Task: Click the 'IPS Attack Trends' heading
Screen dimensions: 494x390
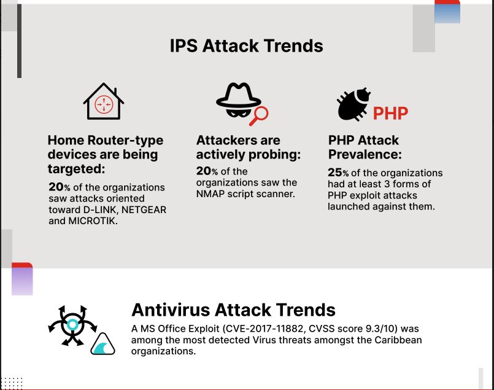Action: pos(246,45)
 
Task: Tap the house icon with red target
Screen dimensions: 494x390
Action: pos(103,101)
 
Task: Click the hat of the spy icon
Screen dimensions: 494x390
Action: pos(239,95)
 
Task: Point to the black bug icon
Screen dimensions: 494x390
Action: pos(353,104)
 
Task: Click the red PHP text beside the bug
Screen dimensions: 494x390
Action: pos(391,113)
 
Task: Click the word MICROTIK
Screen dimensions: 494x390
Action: pos(93,220)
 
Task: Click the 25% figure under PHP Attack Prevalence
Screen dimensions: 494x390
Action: pos(338,173)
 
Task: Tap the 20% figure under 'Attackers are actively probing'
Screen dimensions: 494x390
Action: pos(207,171)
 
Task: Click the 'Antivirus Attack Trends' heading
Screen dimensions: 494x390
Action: pos(233,310)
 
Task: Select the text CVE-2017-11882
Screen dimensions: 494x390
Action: pos(264,329)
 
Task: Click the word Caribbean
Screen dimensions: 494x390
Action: pos(398,340)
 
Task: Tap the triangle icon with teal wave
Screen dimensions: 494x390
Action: pos(102,345)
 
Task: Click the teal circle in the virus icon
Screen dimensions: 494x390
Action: pos(73,324)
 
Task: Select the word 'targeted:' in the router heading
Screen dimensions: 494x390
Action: pos(76,169)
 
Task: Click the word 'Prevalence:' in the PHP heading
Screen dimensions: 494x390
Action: pos(365,155)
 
